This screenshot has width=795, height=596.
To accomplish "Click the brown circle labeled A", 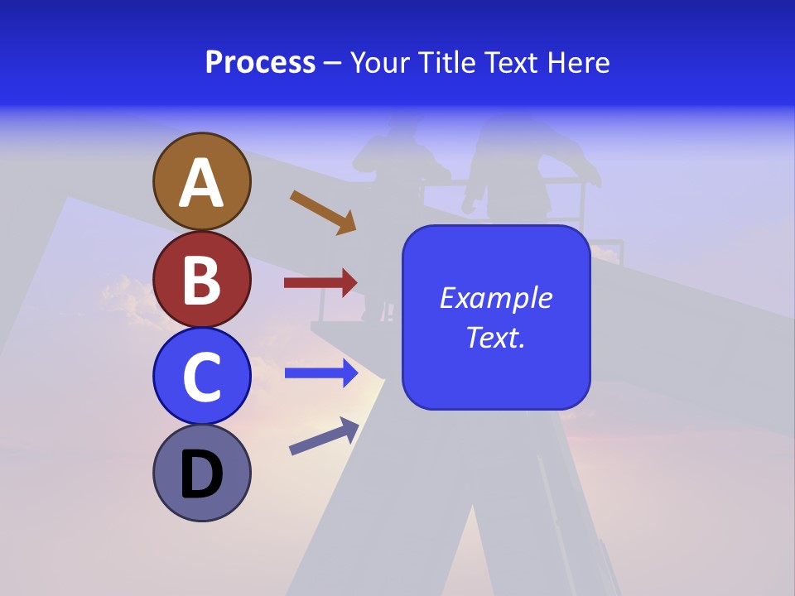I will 201,181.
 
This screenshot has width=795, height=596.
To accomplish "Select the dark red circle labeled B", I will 201,279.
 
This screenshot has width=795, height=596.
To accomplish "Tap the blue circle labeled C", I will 201,376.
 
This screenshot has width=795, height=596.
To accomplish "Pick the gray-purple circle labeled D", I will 201,473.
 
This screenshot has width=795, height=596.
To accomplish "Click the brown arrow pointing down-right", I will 323,212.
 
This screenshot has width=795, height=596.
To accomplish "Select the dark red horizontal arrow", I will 320,283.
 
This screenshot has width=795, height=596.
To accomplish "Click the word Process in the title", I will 260,63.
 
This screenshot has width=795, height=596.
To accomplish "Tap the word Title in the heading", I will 447,63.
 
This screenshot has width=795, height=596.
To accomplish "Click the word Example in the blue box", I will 495,298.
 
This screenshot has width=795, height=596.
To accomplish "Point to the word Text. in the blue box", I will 495,337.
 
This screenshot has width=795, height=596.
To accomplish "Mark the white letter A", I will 201,183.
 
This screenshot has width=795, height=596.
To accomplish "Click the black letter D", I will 201,474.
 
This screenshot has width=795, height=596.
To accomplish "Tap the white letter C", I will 201,377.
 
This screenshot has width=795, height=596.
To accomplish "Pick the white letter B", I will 201,280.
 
